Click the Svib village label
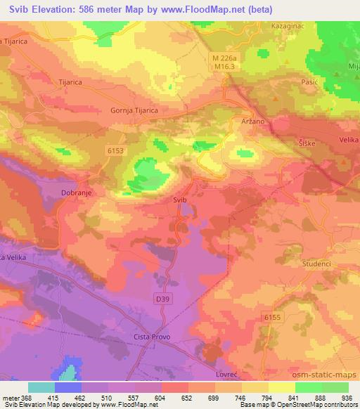tap(180, 200)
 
